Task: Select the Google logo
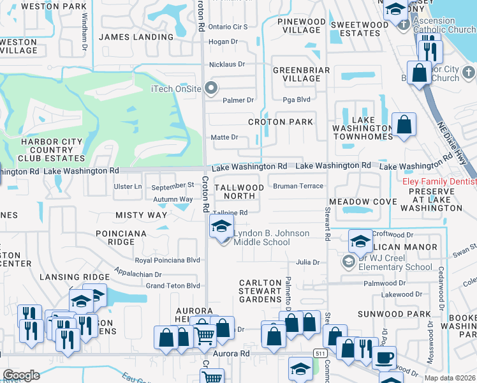point(21,375)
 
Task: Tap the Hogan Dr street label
point(223,41)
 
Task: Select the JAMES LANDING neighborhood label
point(136,37)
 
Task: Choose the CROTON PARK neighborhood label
point(281,122)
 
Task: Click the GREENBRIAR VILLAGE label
point(297,74)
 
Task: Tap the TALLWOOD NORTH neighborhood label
point(239,191)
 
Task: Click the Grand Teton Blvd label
point(173,285)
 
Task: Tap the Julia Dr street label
point(307,262)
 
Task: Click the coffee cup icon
point(384,358)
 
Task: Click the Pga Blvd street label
point(297,100)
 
